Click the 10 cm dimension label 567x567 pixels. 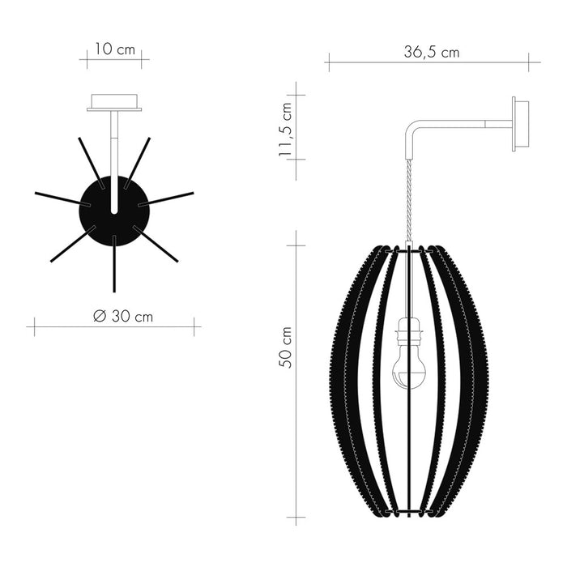114,49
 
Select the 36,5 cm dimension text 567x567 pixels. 432,53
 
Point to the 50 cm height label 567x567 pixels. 285,347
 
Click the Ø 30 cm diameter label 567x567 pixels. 122,317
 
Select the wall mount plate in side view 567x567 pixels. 520,123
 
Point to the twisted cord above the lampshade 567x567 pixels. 409,202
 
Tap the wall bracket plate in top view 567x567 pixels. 114,103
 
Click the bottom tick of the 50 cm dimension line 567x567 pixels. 296,518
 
